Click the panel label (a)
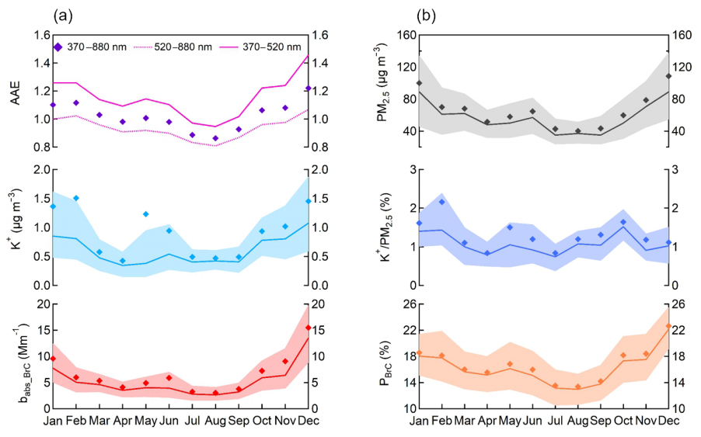tap(64, 14)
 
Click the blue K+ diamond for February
tap(76, 198)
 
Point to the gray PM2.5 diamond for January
tap(419, 83)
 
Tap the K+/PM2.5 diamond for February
tap(441, 202)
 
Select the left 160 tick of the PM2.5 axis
tap(402, 35)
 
